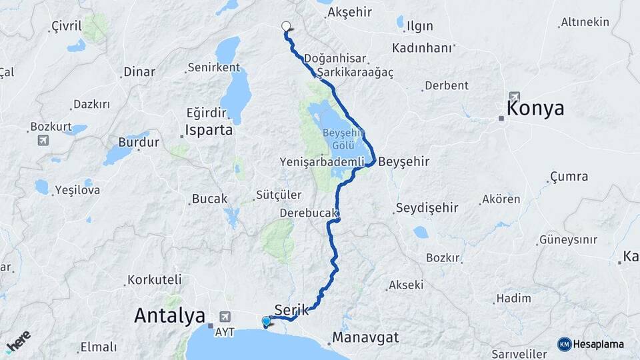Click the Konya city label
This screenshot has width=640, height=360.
(535, 108)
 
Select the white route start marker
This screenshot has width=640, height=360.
(286, 27)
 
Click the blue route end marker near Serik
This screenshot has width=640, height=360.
(267, 322)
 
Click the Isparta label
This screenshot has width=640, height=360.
(209, 130)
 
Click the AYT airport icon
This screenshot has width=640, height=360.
(225, 317)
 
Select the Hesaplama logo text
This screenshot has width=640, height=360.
(599, 344)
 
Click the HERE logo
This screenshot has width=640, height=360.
(18, 341)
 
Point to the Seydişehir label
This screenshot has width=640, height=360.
(427, 208)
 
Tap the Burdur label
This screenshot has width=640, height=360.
(139, 142)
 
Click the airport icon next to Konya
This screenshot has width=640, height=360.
(515, 96)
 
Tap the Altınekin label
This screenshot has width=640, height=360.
(585, 22)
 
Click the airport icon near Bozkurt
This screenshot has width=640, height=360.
(44, 140)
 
